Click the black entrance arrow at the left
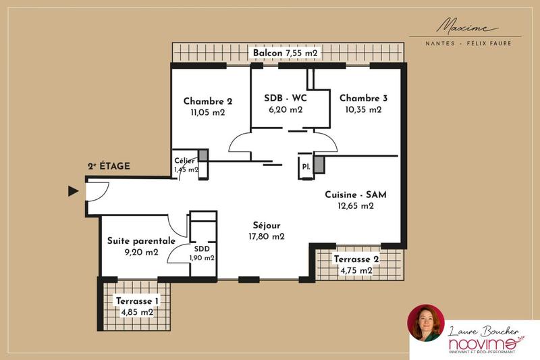pyautogui.click(x=74, y=192)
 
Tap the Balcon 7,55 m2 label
pyautogui.click(x=285, y=53)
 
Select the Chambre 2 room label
pyautogui.click(x=208, y=101)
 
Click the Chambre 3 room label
pyautogui.click(x=363, y=97)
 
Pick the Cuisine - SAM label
pyautogui.click(x=356, y=195)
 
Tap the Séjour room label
pyautogui.click(x=267, y=225)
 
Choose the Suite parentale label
pyautogui.click(x=142, y=240)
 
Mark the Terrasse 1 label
pyautogui.click(x=137, y=301)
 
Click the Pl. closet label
pyautogui.click(x=306, y=165)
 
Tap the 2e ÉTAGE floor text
pyautogui.click(x=109, y=166)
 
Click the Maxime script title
pyautogui.click(x=466, y=27)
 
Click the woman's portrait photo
pyautogui.click(x=426, y=323)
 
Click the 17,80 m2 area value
pyautogui.click(x=267, y=236)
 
